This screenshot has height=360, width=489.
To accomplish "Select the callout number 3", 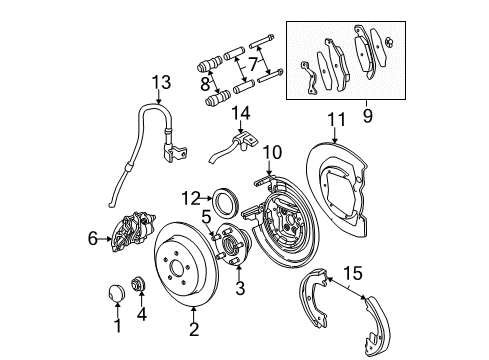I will click(x=240, y=289).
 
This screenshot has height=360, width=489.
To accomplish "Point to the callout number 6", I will click(x=93, y=239).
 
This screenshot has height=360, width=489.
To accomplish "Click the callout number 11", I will click(x=336, y=119).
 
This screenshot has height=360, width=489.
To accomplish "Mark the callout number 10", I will click(x=269, y=152).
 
